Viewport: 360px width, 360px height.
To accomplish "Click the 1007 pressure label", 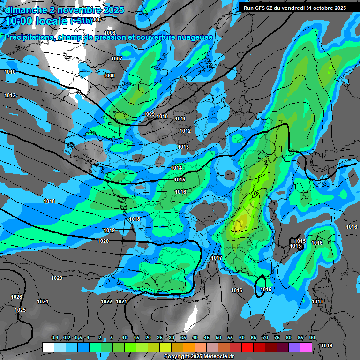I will click(x=117, y=59).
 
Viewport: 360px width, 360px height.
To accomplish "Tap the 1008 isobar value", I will click(x=109, y=75).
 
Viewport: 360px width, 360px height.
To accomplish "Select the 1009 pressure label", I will click(x=149, y=114).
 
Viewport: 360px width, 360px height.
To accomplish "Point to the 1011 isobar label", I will click(x=180, y=119).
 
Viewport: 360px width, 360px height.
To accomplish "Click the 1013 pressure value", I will click(x=183, y=147).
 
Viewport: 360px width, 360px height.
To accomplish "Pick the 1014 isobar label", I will click(x=177, y=168).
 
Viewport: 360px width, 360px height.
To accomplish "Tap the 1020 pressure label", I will click(x=103, y=241).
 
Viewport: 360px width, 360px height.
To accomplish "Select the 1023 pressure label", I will click(x=57, y=278).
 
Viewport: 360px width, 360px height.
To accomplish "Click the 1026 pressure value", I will click(x=16, y=297).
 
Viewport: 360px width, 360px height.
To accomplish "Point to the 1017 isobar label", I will click(x=216, y=258).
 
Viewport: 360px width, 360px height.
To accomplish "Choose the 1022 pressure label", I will click(x=106, y=301).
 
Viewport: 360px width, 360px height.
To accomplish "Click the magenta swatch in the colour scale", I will click(x=306, y=347).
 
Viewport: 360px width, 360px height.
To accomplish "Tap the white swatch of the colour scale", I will click(x=48, y=347).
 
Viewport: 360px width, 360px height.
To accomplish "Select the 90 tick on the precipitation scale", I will click(x=312, y=337).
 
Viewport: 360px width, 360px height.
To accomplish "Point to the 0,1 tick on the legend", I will click(x=54, y=337).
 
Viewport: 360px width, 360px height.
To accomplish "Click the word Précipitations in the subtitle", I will click(x=28, y=37).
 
